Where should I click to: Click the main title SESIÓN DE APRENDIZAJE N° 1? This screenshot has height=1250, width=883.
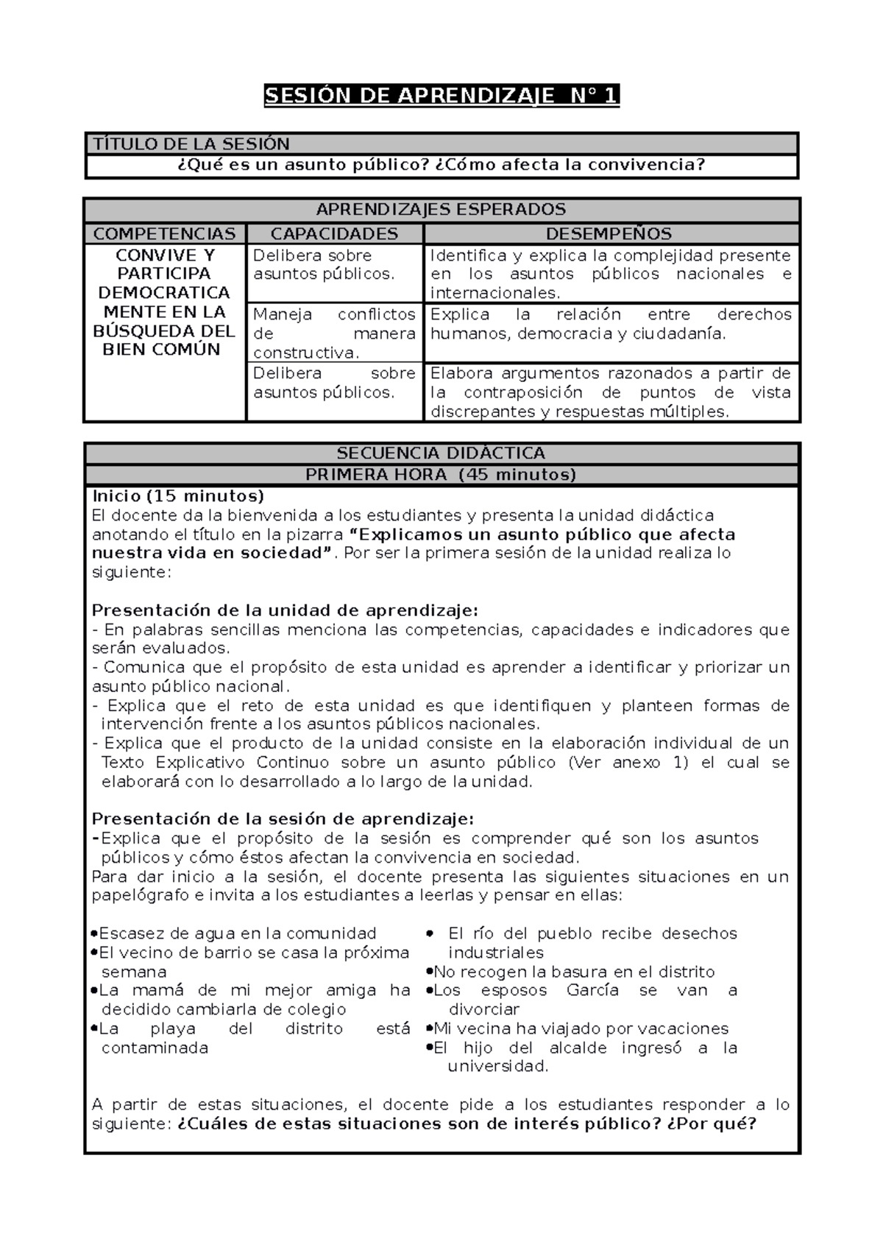tap(441, 96)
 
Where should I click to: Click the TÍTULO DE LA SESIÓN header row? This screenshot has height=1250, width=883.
tap(441, 144)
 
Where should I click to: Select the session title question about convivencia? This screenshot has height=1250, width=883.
tap(441, 165)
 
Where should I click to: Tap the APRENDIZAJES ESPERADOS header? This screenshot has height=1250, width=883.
tap(441, 210)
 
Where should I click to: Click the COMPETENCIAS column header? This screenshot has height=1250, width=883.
tap(164, 234)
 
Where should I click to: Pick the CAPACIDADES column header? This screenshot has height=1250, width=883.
tap(334, 234)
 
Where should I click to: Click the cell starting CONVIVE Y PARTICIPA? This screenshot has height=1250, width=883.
tap(164, 303)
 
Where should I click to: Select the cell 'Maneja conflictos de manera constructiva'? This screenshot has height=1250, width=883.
tap(334, 333)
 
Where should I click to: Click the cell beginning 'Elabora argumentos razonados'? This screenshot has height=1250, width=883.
tap(611, 392)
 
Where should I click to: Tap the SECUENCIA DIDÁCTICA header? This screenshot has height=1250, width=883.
tap(441, 453)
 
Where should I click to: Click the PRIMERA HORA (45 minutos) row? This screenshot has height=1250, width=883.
tap(441, 475)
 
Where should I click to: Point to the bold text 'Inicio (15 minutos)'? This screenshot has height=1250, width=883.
tap(177, 495)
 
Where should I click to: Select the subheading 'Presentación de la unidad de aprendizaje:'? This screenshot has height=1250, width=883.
tap(285, 610)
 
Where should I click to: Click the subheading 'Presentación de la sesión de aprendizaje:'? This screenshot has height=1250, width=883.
tap(283, 819)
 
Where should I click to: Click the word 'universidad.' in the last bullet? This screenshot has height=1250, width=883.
tap(498, 1066)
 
